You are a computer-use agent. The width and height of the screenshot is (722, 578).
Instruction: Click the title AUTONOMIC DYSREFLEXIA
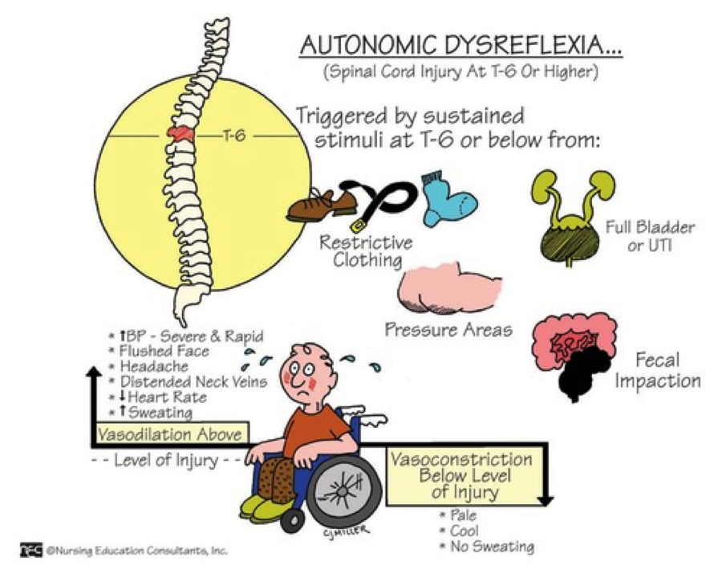pos(460,45)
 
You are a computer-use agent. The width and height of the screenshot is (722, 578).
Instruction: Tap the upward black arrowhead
pos(93,372)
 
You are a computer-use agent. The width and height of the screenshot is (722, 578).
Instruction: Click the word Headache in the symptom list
pos(152,366)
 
